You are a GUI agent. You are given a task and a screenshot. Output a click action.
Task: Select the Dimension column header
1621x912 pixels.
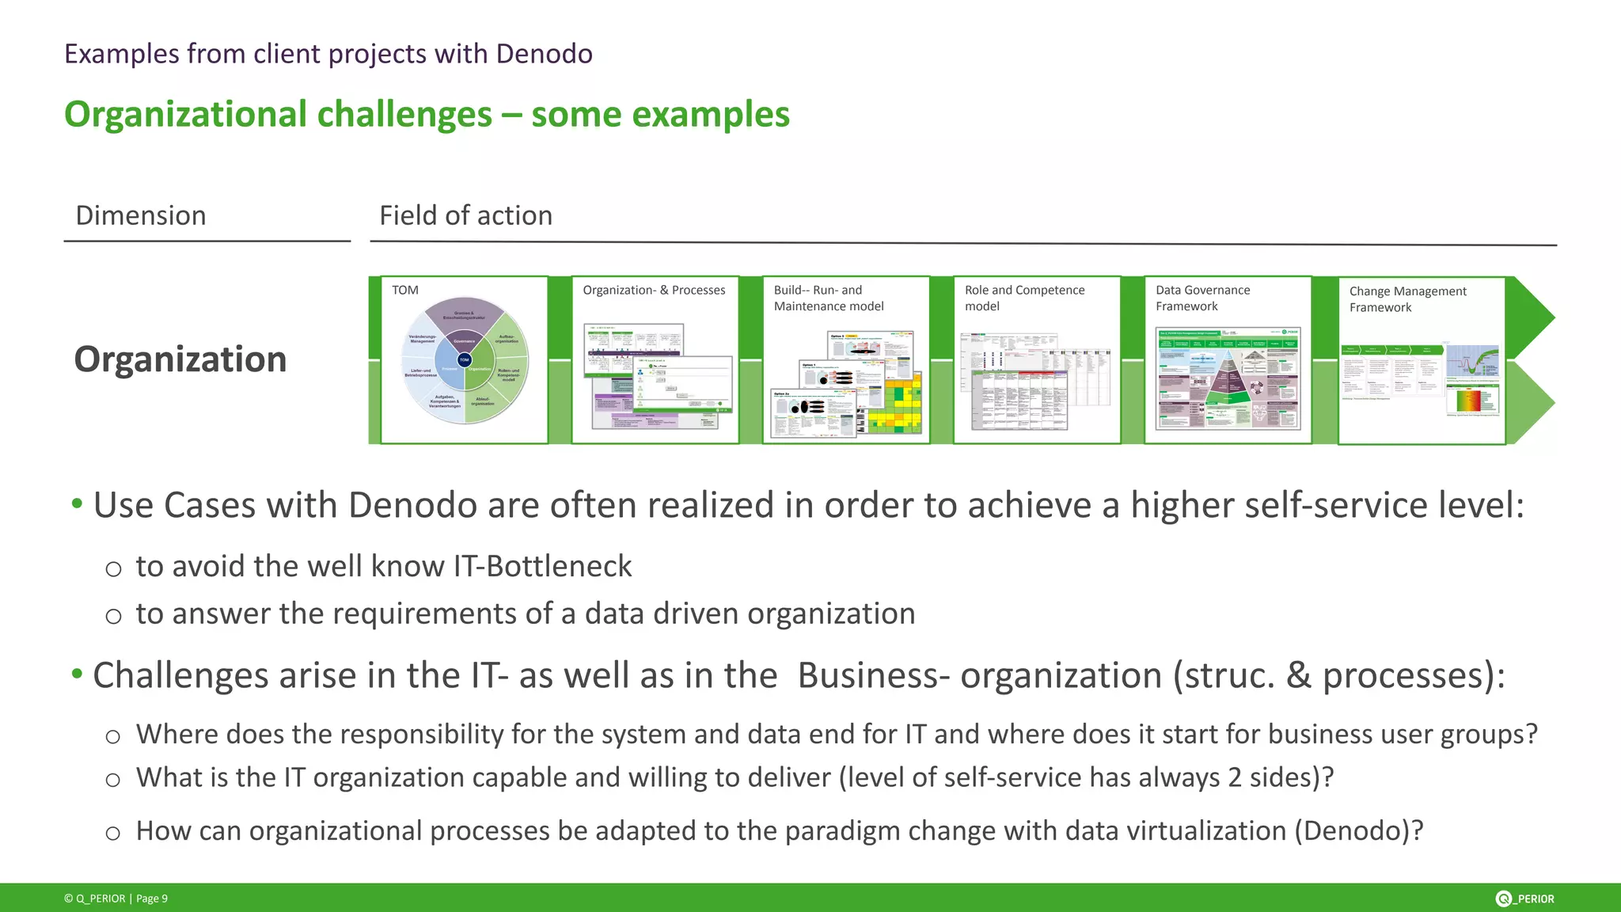click(x=141, y=215)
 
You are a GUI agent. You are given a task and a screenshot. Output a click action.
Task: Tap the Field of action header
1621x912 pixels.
click(x=465, y=215)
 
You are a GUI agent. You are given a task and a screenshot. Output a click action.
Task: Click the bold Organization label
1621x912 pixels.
click(x=180, y=359)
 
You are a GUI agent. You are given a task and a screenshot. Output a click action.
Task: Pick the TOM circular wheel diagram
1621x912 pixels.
click(x=465, y=360)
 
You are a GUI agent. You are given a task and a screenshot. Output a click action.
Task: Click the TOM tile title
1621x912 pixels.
click(x=405, y=291)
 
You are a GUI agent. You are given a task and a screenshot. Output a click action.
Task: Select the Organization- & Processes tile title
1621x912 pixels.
click(x=654, y=291)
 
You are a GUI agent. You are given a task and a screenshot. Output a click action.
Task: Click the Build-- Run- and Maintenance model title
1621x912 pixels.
click(x=828, y=298)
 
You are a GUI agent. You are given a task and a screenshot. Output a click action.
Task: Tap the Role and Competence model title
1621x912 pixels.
click(x=1024, y=298)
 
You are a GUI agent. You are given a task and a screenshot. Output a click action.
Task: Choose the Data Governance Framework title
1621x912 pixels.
click(x=1202, y=298)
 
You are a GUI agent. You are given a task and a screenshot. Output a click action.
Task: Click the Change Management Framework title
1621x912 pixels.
click(x=1407, y=299)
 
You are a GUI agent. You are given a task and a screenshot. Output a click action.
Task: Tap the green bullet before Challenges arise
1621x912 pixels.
click(x=77, y=674)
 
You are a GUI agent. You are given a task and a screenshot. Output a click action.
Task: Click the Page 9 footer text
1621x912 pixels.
click(x=152, y=899)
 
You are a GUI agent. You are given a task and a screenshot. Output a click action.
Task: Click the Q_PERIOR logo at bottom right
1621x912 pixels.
click(x=1524, y=899)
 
